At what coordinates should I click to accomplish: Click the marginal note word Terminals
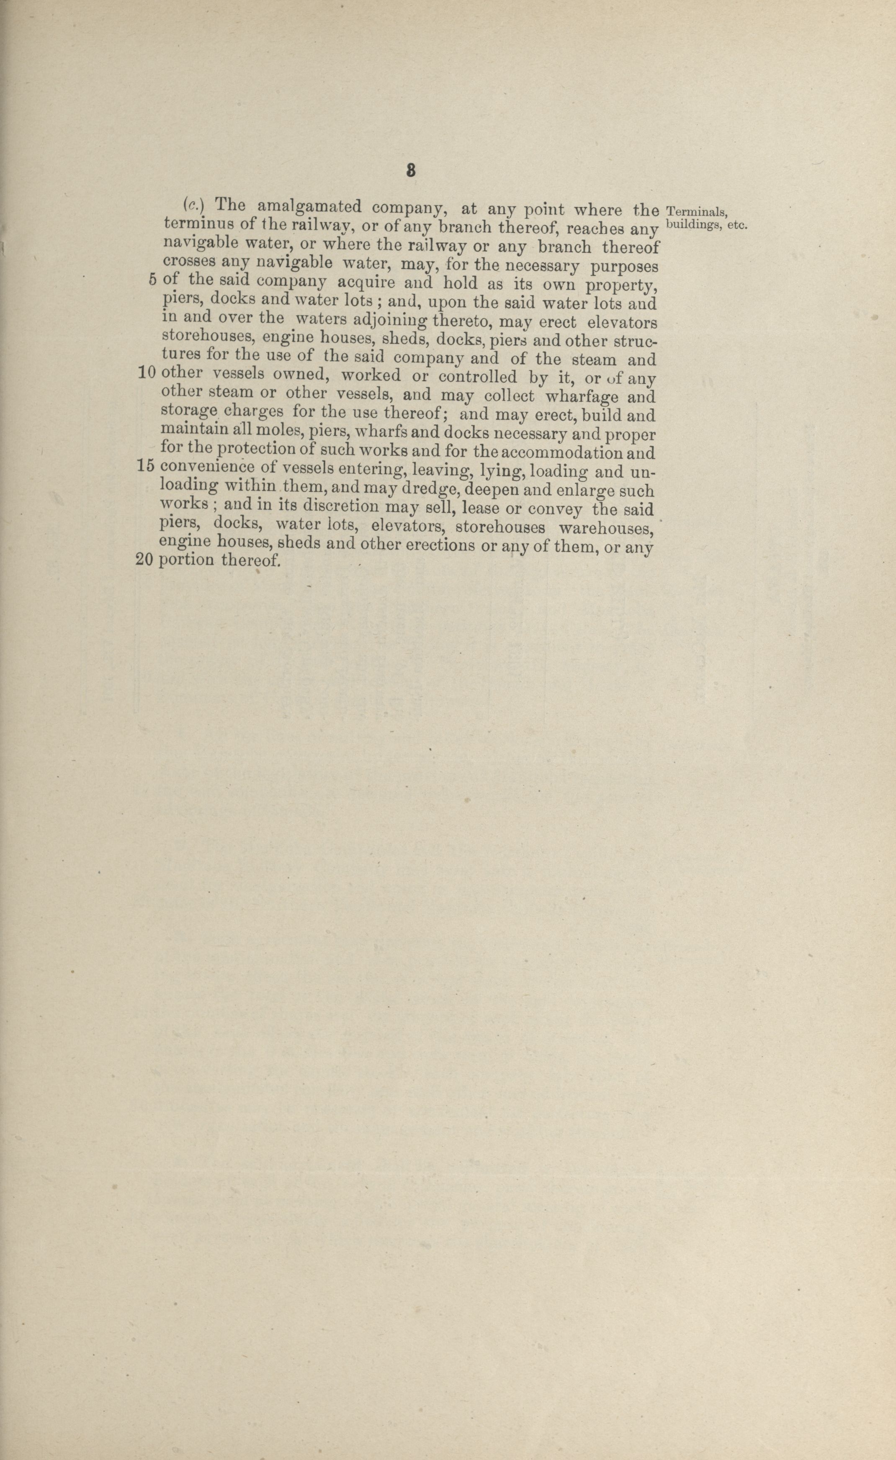(x=696, y=211)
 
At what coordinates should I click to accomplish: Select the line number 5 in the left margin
(x=152, y=279)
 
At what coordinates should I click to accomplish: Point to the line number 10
(x=146, y=372)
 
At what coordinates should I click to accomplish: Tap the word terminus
(x=194, y=224)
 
